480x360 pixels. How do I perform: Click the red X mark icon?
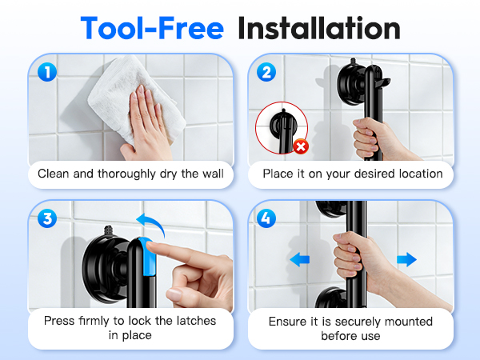(302, 147)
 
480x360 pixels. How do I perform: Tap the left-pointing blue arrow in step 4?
(301, 259)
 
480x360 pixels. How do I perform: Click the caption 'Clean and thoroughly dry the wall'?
(130, 174)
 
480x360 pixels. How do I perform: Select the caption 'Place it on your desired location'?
(352, 174)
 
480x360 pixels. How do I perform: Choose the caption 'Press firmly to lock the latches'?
(130, 321)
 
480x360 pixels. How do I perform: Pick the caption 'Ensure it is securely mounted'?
(351, 322)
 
